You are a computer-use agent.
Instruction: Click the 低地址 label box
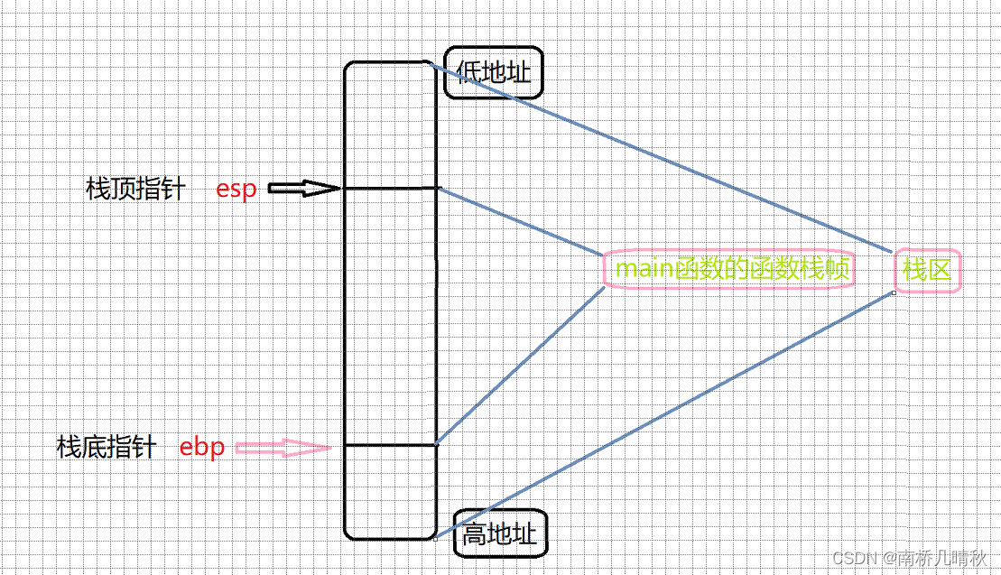494,73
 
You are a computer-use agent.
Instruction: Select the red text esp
236,190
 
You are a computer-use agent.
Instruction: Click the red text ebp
202,447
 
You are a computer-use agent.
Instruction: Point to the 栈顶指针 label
135,190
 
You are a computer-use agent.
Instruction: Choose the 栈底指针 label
107,447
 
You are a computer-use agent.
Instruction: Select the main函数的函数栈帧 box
728,269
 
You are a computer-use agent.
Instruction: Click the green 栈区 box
927,270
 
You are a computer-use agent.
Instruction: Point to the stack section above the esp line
390,126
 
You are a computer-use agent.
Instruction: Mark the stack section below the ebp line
390,492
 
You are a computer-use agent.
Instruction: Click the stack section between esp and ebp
390,316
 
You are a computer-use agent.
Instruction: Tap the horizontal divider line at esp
390,189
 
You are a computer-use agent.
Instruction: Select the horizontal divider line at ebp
390,445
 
